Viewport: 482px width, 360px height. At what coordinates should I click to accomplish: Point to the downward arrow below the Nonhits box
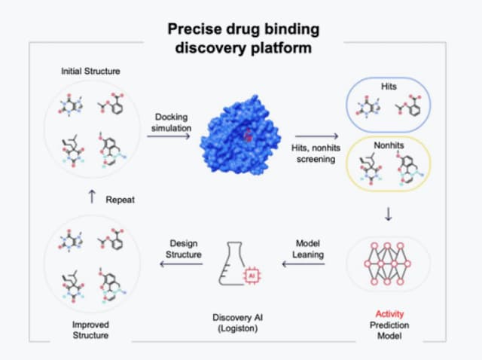coord(388,215)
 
